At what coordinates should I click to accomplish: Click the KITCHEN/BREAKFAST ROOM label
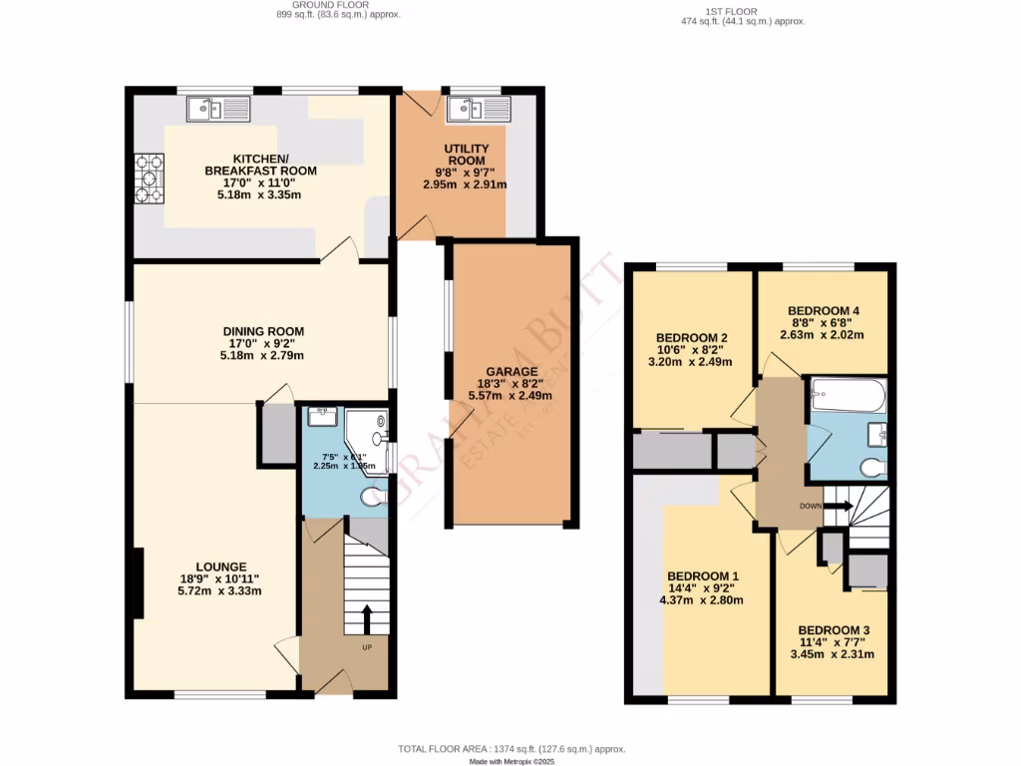pyautogui.click(x=260, y=165)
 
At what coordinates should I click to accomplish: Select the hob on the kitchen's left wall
pyautogui.click(x=150, y=172)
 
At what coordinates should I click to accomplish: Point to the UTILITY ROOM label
pyautogui.click(x=465, y=154)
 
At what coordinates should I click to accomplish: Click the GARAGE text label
pyautogui.click(x=510, y=371)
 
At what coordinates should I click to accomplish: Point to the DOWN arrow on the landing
pyautogui.click(x=836, y=506)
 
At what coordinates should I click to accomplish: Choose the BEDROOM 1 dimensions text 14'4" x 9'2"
pyautogui.click(x=702, y=588)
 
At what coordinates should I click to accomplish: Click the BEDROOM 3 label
pyautogui.click(x=835, y=630)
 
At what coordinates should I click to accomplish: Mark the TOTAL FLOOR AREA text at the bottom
pyautogui.click(x=510, y=748)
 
